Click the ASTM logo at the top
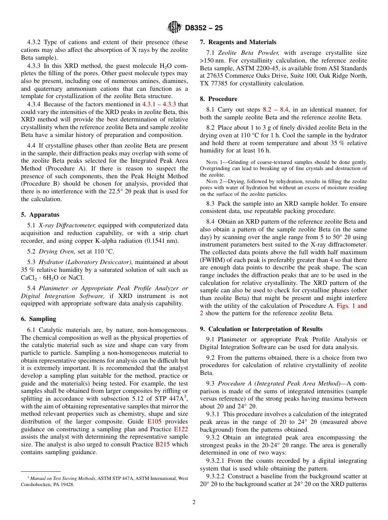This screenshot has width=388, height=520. pos(174,27)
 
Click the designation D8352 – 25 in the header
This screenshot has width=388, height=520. pos(204,28)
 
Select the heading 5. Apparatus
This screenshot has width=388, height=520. pos(40,215)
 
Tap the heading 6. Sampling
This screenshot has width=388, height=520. pos(38,319)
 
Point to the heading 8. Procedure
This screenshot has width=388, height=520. pos(219,99)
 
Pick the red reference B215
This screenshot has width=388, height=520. pos(163,444)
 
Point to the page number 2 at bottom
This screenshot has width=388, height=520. pos(194,502)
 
